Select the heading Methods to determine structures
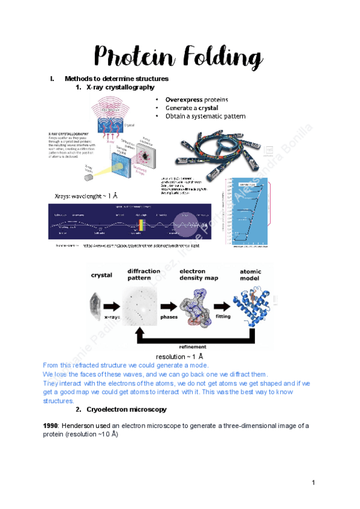[x=116, y=79]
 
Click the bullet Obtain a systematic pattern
[x=205, y=116]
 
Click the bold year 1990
[x=50, y=426]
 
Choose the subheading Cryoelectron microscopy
[x=127, y=409]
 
